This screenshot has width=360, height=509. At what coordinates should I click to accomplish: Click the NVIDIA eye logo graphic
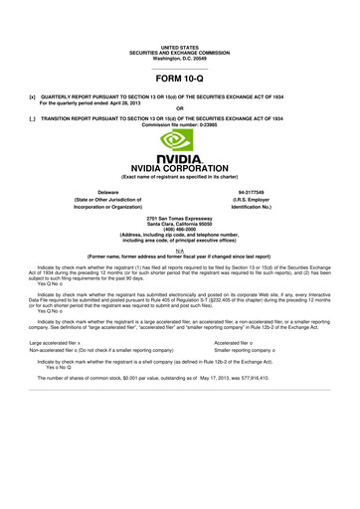(x=180, y=142)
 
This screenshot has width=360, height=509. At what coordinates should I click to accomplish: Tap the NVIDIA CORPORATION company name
(x=180, y=167)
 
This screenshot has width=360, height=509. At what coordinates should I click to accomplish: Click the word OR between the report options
(x=180, y=108)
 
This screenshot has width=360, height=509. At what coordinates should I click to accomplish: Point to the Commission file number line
(x=180, y=124)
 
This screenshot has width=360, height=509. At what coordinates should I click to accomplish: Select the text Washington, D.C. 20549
(x=180, y=58)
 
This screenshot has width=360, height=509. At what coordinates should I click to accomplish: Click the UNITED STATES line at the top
(x=180, y=47)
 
